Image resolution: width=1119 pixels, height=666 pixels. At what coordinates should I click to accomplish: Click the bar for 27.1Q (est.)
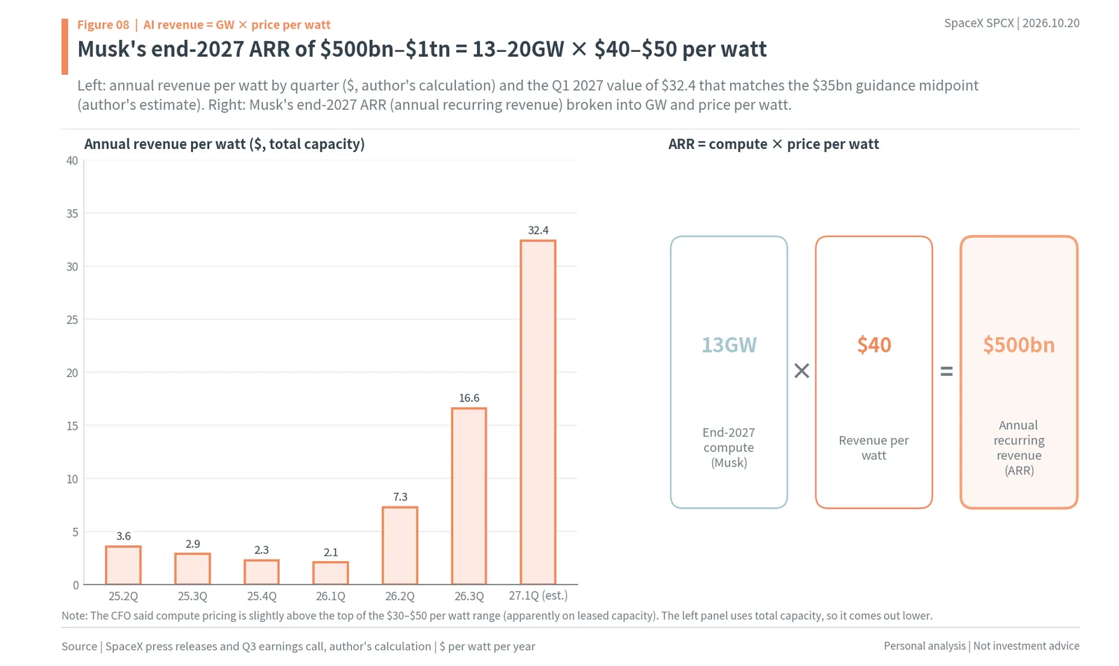point(538,412)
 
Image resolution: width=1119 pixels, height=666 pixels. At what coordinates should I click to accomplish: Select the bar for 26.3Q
point(469,496)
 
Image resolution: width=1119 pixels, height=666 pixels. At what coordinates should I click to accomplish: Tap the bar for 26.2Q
point(399,546)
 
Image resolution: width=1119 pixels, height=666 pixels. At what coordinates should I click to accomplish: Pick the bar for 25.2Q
point(123,565)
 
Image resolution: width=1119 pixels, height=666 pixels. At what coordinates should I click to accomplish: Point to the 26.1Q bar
point(331,573)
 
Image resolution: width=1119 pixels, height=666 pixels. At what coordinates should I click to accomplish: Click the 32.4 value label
point(538,230)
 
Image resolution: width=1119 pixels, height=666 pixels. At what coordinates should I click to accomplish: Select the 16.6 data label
point(469,398)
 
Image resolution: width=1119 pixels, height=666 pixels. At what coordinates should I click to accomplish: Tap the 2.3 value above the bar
point(262,550)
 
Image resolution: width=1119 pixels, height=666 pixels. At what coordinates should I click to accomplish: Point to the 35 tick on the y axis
point(72,214)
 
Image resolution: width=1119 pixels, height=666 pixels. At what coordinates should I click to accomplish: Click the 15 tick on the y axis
point(72,425)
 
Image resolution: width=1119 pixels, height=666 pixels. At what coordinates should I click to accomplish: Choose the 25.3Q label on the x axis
point(192,596)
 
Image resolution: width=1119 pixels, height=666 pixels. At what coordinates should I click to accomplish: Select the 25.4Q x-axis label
point(262,596)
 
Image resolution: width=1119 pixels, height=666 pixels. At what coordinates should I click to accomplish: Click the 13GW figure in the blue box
point(729,345)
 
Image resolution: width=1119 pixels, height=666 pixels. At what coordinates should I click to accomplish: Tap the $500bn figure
point(1018,345)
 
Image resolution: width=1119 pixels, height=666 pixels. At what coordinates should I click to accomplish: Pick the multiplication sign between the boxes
point(801,371)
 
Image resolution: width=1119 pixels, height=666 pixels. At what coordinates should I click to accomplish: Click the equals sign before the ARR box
point(946,371)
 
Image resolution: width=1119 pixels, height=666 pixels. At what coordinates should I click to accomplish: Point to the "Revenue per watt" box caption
point(874,448)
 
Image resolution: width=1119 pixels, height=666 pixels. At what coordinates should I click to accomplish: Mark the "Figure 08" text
point(103,24)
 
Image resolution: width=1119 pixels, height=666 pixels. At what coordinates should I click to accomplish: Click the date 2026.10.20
point(1050,23)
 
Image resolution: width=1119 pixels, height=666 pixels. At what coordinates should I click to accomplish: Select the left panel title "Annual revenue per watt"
point(166,144)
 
